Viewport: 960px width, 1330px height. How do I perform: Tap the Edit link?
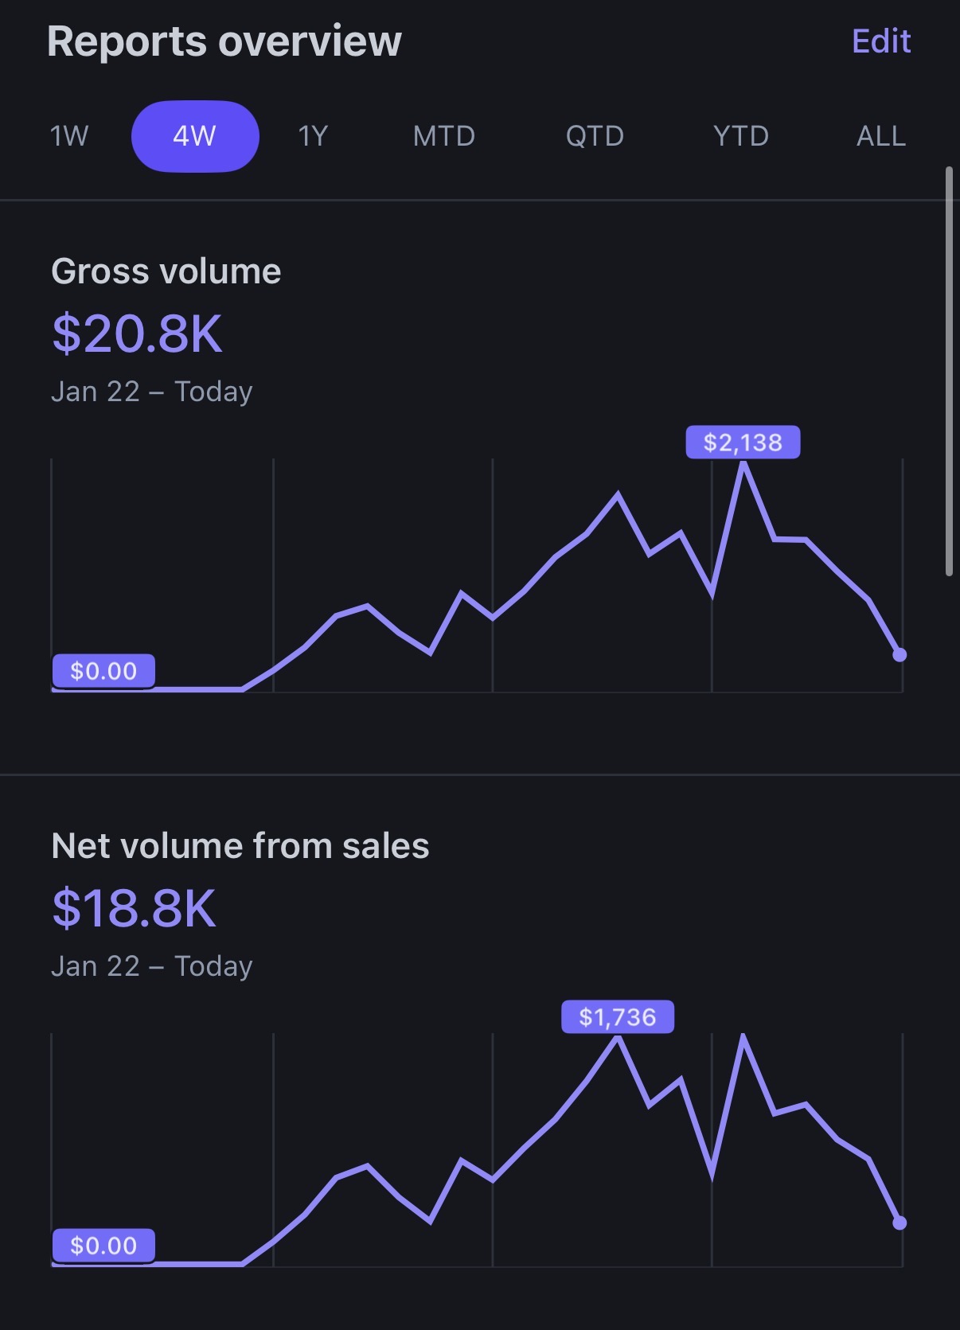coord(880,41)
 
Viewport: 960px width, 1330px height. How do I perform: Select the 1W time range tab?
coord(69,136)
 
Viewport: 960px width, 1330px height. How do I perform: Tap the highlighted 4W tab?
coord(195,136)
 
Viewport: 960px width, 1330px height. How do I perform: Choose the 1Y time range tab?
coord(313,136)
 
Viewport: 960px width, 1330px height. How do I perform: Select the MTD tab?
coord(443,136)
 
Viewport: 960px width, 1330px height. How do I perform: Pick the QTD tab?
coord(595,136)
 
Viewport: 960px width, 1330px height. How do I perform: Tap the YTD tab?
coord(740,136)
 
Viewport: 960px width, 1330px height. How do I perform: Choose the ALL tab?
coord(880,136)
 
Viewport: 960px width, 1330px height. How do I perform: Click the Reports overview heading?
coord(224,41)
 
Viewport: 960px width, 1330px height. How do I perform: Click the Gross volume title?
coord(166,271)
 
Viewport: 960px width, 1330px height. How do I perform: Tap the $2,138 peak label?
coord(743,443)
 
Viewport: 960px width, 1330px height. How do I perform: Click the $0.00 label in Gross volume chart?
coord(103,671)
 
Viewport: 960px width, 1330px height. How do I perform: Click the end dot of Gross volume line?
coord(900,655)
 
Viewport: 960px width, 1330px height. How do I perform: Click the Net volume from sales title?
coord(240,846)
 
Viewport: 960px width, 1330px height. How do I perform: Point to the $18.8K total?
coord(134,908)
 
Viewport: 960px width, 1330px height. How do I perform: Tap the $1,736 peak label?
coord(618,1017)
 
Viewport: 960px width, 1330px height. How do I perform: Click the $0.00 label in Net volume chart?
coord(103,1246)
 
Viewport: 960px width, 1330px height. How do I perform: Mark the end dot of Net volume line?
coord(900,1223)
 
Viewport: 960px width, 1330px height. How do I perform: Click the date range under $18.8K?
coord(151,966)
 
